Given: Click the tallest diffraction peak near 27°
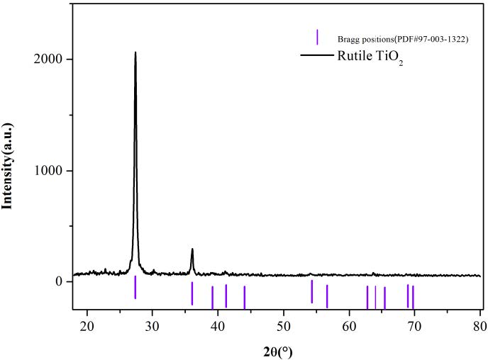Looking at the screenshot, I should pyautogui.click(x=135, y=54).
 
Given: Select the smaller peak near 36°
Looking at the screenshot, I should pyautogui.click(x=192, y=250).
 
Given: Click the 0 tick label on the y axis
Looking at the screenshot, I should pyautogui.click(x=60, y=281).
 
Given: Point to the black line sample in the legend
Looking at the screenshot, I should pyautogui.click(x=316, y=55).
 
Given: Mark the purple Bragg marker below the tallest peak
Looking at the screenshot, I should pyautogui.click(x=135, y=287).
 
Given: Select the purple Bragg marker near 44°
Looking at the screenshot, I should pyautogui.click(x=244, y=297).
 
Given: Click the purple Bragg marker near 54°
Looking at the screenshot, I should pyautogui.click(x=312, y=291).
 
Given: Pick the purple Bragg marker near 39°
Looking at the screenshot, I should pyautogui.click(x=212, y=297).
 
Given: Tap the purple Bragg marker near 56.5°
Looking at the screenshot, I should pyautogui.click(x=327, y=296).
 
